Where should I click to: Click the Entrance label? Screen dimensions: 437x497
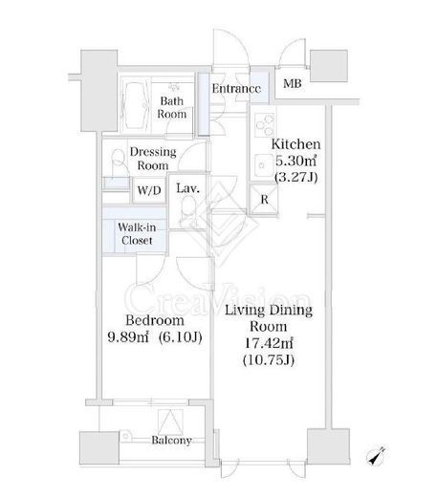(x=236, y=89)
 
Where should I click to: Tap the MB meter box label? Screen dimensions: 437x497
(x=293, y=84)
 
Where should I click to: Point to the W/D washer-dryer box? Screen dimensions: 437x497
(x=149, y=190)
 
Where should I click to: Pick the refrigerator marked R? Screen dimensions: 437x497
(x=264, y=199)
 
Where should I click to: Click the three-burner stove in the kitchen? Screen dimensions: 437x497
(x=265, y=125)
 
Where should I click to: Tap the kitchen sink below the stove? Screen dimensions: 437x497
(x=264, y=165)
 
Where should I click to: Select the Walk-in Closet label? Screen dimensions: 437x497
(x=137, y=233)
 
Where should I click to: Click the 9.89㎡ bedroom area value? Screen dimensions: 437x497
(x=128, y=337)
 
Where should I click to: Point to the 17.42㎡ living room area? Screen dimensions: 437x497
(x=269, y=343)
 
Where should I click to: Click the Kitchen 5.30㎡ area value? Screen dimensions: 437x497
(x=295, y=161)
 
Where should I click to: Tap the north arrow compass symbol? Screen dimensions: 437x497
(x=377, y=456)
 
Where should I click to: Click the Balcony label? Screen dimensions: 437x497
(x=171, y=440)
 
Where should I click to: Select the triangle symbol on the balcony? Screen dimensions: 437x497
(x=171, y=422)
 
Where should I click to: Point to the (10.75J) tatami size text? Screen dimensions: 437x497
(x=269, y=360)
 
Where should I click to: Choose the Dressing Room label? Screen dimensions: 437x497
(x=153, y=159)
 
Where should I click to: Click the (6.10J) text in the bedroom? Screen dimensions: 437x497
(x=181, y=337)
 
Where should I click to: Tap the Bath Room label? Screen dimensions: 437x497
(x=172, y=107)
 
